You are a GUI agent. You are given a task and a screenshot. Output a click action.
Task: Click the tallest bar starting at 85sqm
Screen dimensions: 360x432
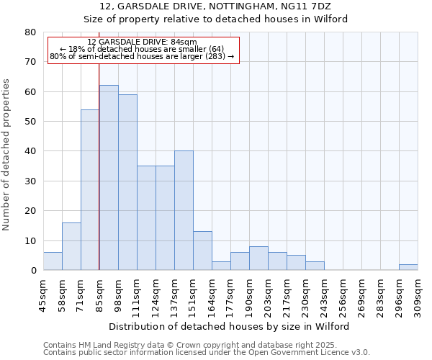109,178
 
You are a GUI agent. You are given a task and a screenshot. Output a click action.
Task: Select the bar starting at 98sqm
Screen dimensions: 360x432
127,182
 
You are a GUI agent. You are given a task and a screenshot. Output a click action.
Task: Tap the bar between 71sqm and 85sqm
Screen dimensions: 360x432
90,190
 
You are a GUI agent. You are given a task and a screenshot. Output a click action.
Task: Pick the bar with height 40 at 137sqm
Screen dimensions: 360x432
184,210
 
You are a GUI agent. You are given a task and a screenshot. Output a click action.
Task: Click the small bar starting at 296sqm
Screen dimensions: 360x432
408,267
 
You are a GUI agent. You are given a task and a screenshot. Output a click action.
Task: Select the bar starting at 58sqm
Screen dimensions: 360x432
71,246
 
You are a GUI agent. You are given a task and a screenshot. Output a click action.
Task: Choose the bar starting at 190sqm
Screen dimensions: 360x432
258,258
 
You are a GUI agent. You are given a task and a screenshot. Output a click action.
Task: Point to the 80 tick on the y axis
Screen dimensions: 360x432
30,32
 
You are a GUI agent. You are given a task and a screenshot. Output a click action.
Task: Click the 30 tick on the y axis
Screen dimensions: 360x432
30,181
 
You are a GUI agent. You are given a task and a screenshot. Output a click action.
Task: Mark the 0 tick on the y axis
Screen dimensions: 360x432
32,271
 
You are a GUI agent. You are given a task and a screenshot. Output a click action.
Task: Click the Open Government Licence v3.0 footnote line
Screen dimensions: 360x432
207,353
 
